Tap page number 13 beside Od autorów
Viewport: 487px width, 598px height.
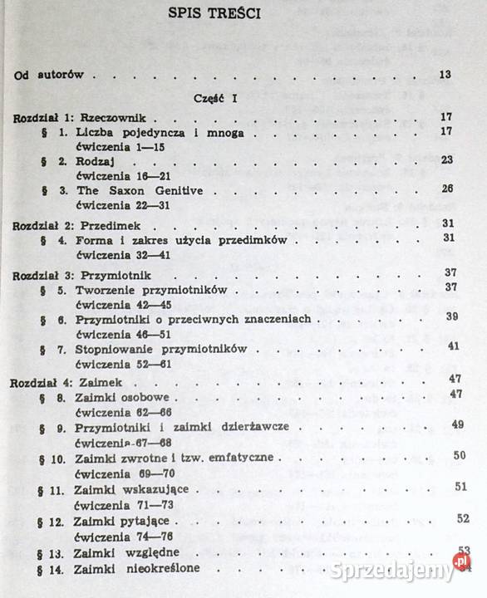[x=445, y=76]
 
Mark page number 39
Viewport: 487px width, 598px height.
[x=452, y=316]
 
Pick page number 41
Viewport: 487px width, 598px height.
[x=454, y=346]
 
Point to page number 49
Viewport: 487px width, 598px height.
[x=457, y=425]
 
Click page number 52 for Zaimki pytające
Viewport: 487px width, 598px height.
[x=463, y=518]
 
